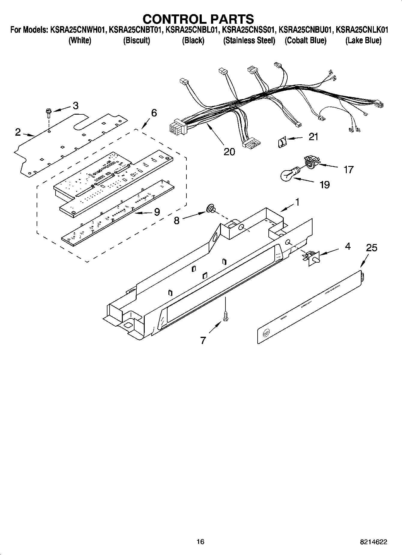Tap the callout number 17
pyautogui.click(x=349, y=170)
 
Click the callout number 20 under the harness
pyautogui.click(x=229, y=152)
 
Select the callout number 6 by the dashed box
pyautogui.click(x=154, y=113)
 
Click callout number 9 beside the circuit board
pyautogui.click(x=157, y=212)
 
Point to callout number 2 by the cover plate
pyautogui.click(x=18, y=132)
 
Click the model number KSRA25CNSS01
pyautogui.click(x=247, y=30)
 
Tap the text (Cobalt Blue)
pyautogui.click(x=305, y=41)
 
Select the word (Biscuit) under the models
pyautogui.click(x=137, y=41)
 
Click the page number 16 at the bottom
pyautogui.click(x=201, y=541)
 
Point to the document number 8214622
pyautogui.click(x=373, y=542)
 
